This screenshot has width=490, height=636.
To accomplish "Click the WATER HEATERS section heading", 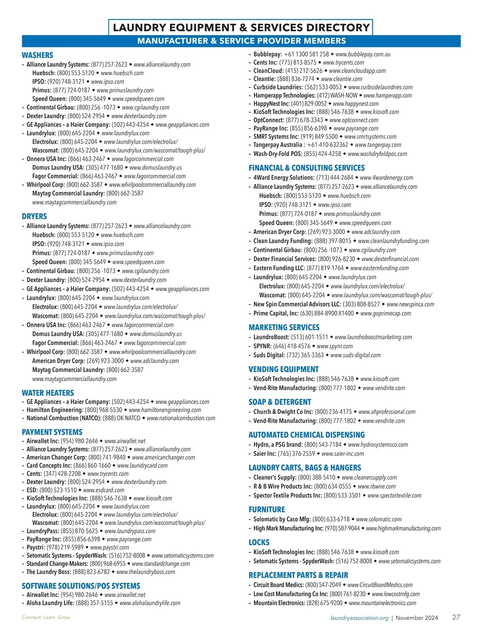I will (48, 393).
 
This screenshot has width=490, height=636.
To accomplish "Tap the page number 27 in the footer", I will (456, 617).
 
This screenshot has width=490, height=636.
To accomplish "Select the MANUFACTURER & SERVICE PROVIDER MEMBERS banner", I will (241, 41).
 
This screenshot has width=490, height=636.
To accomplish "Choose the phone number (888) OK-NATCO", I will (121, 418).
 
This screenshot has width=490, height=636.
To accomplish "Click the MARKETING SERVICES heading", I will (284, 327).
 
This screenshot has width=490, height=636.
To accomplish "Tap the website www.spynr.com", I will (334, 346).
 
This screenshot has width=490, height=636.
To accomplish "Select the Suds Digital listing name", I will (269, 355).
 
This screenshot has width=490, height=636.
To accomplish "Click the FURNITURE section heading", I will (267, 509).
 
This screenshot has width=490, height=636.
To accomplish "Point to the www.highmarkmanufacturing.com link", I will (403, 528).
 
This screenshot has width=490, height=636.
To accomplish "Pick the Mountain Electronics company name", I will (279, 603).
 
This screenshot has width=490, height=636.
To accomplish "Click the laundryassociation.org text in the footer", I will (359, 618).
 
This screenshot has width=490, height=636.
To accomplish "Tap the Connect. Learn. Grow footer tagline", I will (46, 617).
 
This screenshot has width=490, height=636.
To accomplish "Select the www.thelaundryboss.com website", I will (145, 572).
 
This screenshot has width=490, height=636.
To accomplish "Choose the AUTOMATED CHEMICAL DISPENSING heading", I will (306, 435).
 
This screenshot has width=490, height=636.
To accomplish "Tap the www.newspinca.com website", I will (410, 304).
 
